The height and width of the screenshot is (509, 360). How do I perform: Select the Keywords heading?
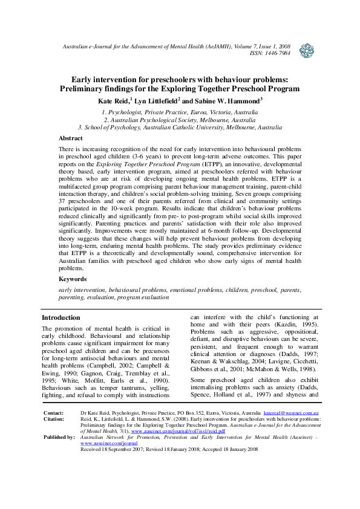(x=73, y=279)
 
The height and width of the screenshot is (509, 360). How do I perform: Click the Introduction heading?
(x=61, y=318)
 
